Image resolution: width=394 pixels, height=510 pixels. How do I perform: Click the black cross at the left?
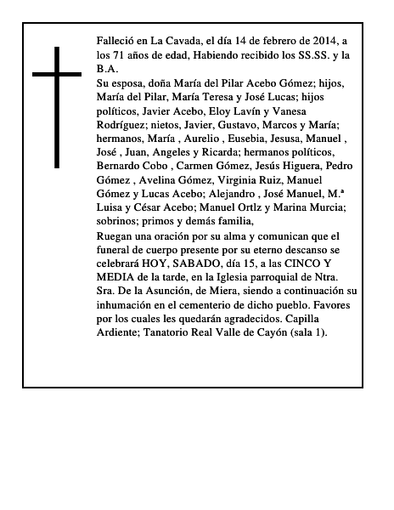click(58, 107)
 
